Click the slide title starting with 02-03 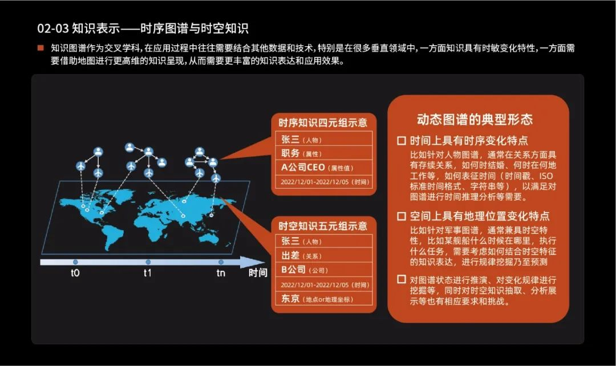coord(143,29)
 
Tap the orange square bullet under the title coord(40,48)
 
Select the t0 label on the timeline coord(75,273)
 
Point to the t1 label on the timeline coord(147,273)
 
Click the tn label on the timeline coord(221,273)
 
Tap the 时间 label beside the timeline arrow coord(258,273)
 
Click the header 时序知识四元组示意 coord(323,123)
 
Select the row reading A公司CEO coord(323,168)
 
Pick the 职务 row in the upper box coord(323,153)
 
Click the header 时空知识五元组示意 coord(323,226)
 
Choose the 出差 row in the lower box coord(323,255)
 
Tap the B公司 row coord(323,270)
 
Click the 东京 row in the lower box coord(323,299)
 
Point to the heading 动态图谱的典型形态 coord(475,119)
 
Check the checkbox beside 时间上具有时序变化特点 coord(402,140)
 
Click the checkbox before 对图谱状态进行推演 coord(402,280)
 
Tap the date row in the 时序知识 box coord(323,182)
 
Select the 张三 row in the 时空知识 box coord(323,241)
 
